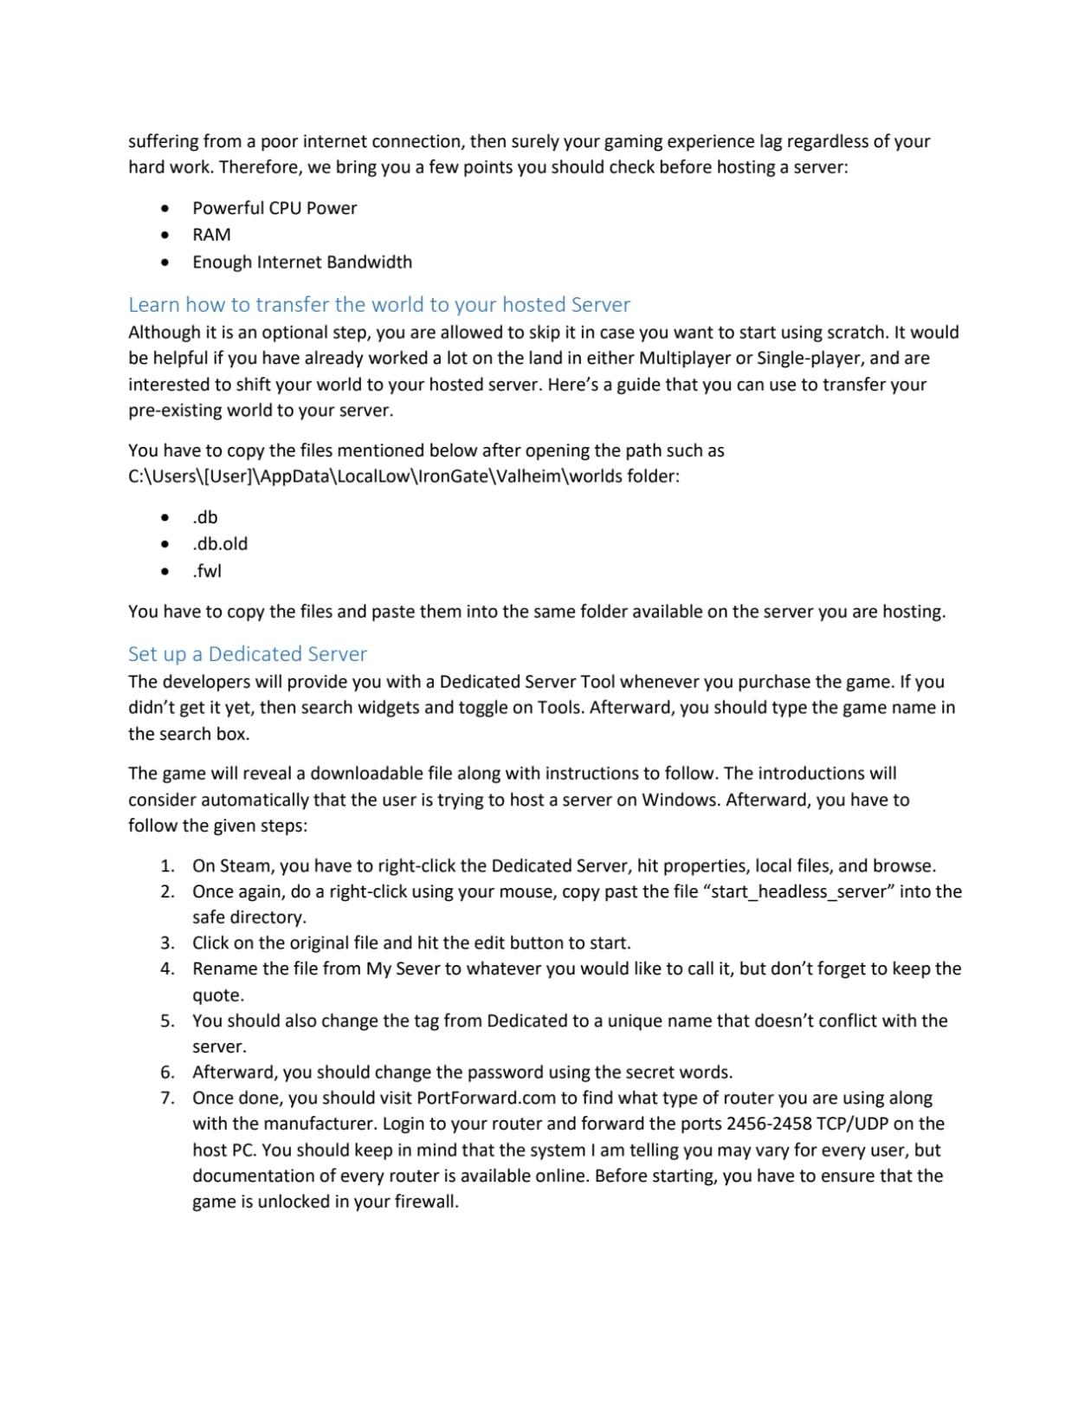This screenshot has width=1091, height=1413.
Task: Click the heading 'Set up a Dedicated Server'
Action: [x=247, y=654]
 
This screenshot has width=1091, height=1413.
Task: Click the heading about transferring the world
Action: [x=378, y=305]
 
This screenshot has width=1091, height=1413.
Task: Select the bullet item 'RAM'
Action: [x=211, y=235]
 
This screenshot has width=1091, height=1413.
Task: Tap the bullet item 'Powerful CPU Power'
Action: [x=274, y=208]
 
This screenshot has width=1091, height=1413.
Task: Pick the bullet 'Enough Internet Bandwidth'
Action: [x=301, y=262]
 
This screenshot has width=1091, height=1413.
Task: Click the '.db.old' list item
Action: [x=220, y=544]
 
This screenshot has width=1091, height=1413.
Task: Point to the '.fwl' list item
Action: [x=207, y=571]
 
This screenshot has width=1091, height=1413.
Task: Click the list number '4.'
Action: [x=167, y=969]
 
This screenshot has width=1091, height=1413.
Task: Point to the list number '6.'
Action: [x=167, y=1073]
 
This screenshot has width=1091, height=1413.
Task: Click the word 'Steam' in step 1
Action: [x=244, y=866]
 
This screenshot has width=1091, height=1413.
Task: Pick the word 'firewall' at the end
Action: [x=424, y=1202]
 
